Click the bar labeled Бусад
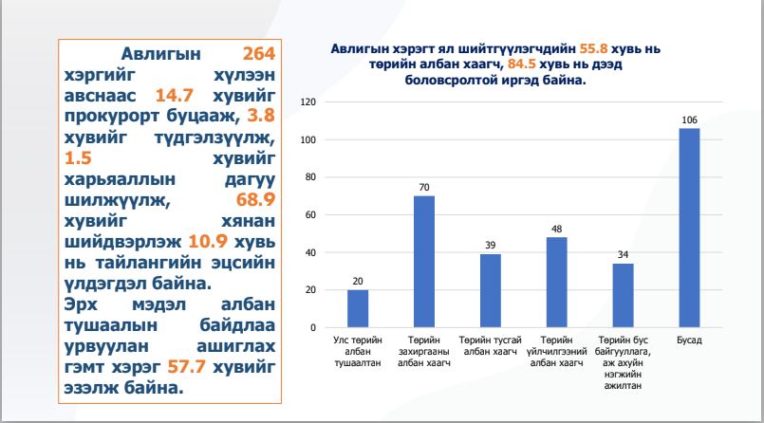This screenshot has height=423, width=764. coord(689,228)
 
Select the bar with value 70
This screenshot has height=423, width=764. coord(423,262)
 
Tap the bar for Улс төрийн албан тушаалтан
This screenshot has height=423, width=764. coord(357,308)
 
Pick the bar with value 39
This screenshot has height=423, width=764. coord(490,290)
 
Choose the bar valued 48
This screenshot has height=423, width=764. coord(556,282)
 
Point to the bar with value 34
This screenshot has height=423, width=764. coord(623,295)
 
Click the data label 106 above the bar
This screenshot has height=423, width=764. coord(689,119)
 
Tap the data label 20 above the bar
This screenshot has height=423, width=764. coord(357,281)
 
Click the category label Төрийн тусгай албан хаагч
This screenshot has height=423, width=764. coord(490,344)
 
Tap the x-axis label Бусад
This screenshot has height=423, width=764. coord(689,339)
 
